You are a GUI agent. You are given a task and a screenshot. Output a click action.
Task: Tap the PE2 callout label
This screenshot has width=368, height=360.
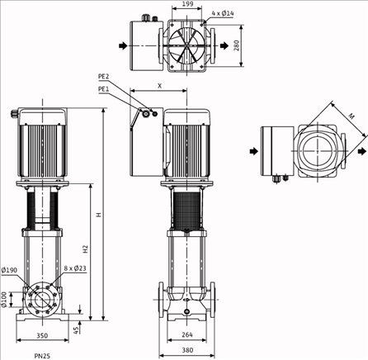[x=104, y=77]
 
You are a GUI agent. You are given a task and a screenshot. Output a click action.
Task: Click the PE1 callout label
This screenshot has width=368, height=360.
[x=104, y=88]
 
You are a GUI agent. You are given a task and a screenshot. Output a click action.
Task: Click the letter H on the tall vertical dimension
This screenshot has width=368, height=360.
[x=97, y=216]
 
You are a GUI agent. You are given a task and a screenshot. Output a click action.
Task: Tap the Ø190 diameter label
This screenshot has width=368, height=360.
[x=10, y=270]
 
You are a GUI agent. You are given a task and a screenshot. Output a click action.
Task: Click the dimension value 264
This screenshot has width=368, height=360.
[x=187, y=334]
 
